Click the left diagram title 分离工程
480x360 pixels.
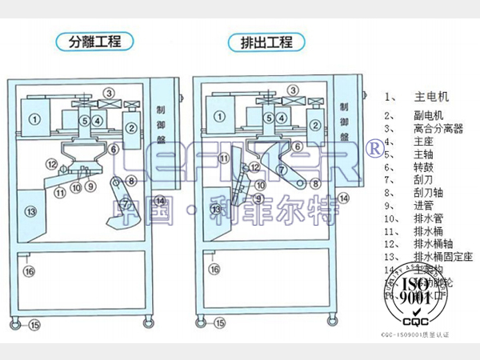point(94,41)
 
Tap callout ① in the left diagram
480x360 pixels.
point(34,118)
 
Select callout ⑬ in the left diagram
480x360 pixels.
point(31,211)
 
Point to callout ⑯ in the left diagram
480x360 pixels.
point(29,271)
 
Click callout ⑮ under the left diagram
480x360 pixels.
point(34,325)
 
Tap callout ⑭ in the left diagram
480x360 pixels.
point(160,200)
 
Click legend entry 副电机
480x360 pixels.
point(423,115)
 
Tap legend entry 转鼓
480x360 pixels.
point(423,168)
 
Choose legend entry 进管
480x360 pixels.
point(423,204)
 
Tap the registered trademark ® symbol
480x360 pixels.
point(373,148)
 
